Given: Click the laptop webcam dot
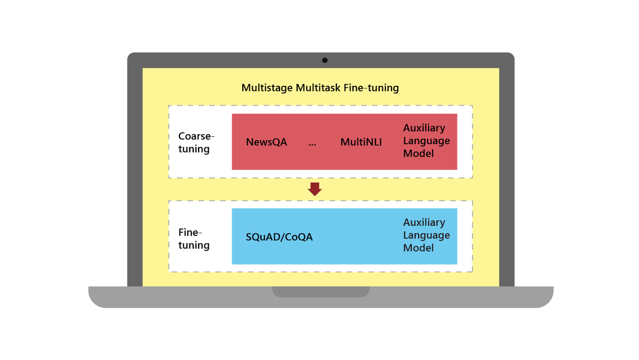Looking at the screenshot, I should point(325,60).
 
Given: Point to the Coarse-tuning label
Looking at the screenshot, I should point(195,142).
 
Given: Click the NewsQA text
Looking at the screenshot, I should point(266,142).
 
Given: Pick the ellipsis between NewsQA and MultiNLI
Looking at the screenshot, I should point(312,143).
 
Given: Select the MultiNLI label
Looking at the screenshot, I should point(361,142).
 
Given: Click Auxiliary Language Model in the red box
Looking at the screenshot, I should point(426,141).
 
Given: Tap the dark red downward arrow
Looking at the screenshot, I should point(315,189).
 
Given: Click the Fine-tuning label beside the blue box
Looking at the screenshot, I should point(194,239).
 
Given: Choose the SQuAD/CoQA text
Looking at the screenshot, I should point(279,237).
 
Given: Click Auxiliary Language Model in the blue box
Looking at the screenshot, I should point(426,235).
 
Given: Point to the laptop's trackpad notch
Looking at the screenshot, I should point(321,291).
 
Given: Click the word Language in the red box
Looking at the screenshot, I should point(426,141).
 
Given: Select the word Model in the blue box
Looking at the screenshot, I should point(419,248).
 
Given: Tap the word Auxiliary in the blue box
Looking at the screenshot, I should point(424,222).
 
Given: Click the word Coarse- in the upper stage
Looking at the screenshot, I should point(196,136).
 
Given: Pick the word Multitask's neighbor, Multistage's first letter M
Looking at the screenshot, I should point(246,88).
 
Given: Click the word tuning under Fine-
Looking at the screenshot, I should point(194,245).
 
